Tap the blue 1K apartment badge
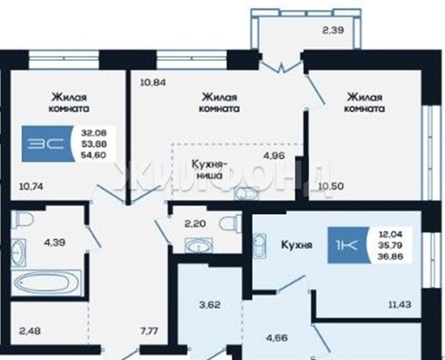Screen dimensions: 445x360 (x=348, y=245)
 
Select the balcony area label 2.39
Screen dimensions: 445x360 (x=333, y=30)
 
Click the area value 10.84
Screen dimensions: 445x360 (x=153, y=83)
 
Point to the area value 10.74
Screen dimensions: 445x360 (x=31, y=187)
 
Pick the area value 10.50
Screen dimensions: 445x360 (x=331, y=187)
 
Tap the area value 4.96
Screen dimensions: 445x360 (x=274, y=156)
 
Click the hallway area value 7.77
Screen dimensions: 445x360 (x=149, y=331)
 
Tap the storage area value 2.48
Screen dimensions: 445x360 (x=30, y=331)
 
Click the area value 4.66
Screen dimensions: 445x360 (x=277, y=338)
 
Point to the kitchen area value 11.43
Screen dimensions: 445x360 (x=399, y=305)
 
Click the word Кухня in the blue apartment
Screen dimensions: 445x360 (x=297, y=245)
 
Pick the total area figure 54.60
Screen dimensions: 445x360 (x=94, y=155)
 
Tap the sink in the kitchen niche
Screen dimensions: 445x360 (x=247, y=194)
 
